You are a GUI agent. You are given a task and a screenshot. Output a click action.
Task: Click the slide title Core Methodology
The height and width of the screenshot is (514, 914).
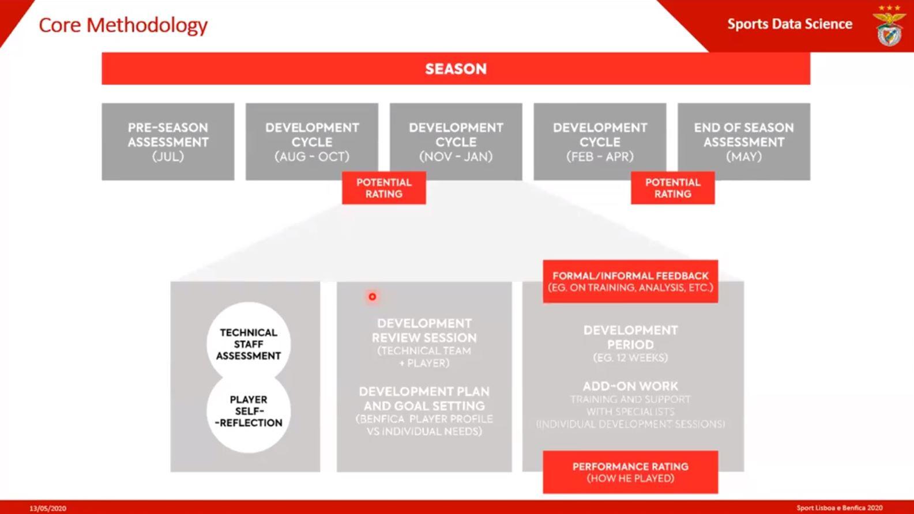pyautogui.click(x=123, y=25)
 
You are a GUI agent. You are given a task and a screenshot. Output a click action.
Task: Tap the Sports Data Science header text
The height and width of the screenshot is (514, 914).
pyautogui.click(x=789, y=24)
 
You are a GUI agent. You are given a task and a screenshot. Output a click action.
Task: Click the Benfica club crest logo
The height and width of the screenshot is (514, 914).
pyautogui.click(x=889, y=27)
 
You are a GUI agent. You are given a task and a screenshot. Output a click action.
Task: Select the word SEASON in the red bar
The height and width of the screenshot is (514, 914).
pyautogui.click(x=456, y=69)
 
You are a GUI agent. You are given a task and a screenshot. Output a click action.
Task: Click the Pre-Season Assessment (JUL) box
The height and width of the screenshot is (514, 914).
pyautogui.click(x=168, y=142)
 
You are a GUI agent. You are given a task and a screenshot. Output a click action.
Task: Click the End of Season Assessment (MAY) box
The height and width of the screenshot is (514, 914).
pyautogui.click(x=743, y=142)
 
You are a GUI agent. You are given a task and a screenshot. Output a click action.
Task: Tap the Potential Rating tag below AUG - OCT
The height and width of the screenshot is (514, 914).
pyautogui.click(x=383, y=188)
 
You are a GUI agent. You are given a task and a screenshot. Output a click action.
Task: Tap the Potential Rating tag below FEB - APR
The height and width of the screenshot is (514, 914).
pyautogui.click(x=672, y=188)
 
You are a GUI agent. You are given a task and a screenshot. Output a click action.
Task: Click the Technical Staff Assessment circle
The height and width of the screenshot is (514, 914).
pyautogui.click(x=249, y=344)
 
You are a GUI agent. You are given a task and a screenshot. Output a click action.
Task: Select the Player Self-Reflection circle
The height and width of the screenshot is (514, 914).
pyautogui.click(x=249, y=411)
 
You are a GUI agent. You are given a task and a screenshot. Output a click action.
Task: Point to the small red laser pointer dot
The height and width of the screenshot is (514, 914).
pyautogui.click(x=373, y=297)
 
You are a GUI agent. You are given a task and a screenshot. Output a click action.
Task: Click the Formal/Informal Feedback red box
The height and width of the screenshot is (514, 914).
pyautogui.click(x=630, y=281)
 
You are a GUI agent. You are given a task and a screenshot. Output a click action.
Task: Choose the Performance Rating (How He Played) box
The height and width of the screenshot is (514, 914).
pyautogui.click(x=630, y=472)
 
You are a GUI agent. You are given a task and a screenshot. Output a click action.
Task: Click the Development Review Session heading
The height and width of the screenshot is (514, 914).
pyautogui.click(x=424, y=330)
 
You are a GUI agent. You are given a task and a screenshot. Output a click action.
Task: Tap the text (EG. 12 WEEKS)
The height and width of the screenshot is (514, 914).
pyautogui.click(x=630, y=358)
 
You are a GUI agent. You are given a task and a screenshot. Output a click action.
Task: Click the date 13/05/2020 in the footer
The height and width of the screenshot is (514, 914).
pyautogui.click(x=48, y=508)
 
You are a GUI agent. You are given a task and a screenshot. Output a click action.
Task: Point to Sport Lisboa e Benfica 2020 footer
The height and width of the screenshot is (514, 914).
pyautogui.click(x=839, y=508)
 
